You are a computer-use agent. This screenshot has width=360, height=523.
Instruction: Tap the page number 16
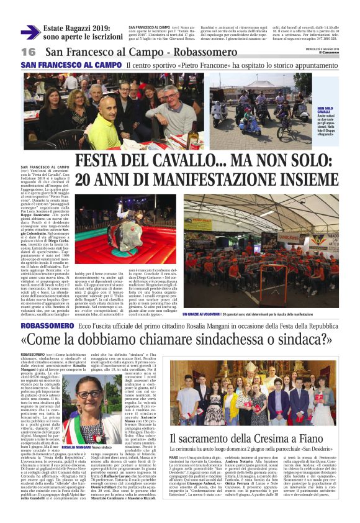click(x=28, y=52)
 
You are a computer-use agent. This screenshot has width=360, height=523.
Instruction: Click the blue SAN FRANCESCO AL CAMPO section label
click(x=70, y=65)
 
